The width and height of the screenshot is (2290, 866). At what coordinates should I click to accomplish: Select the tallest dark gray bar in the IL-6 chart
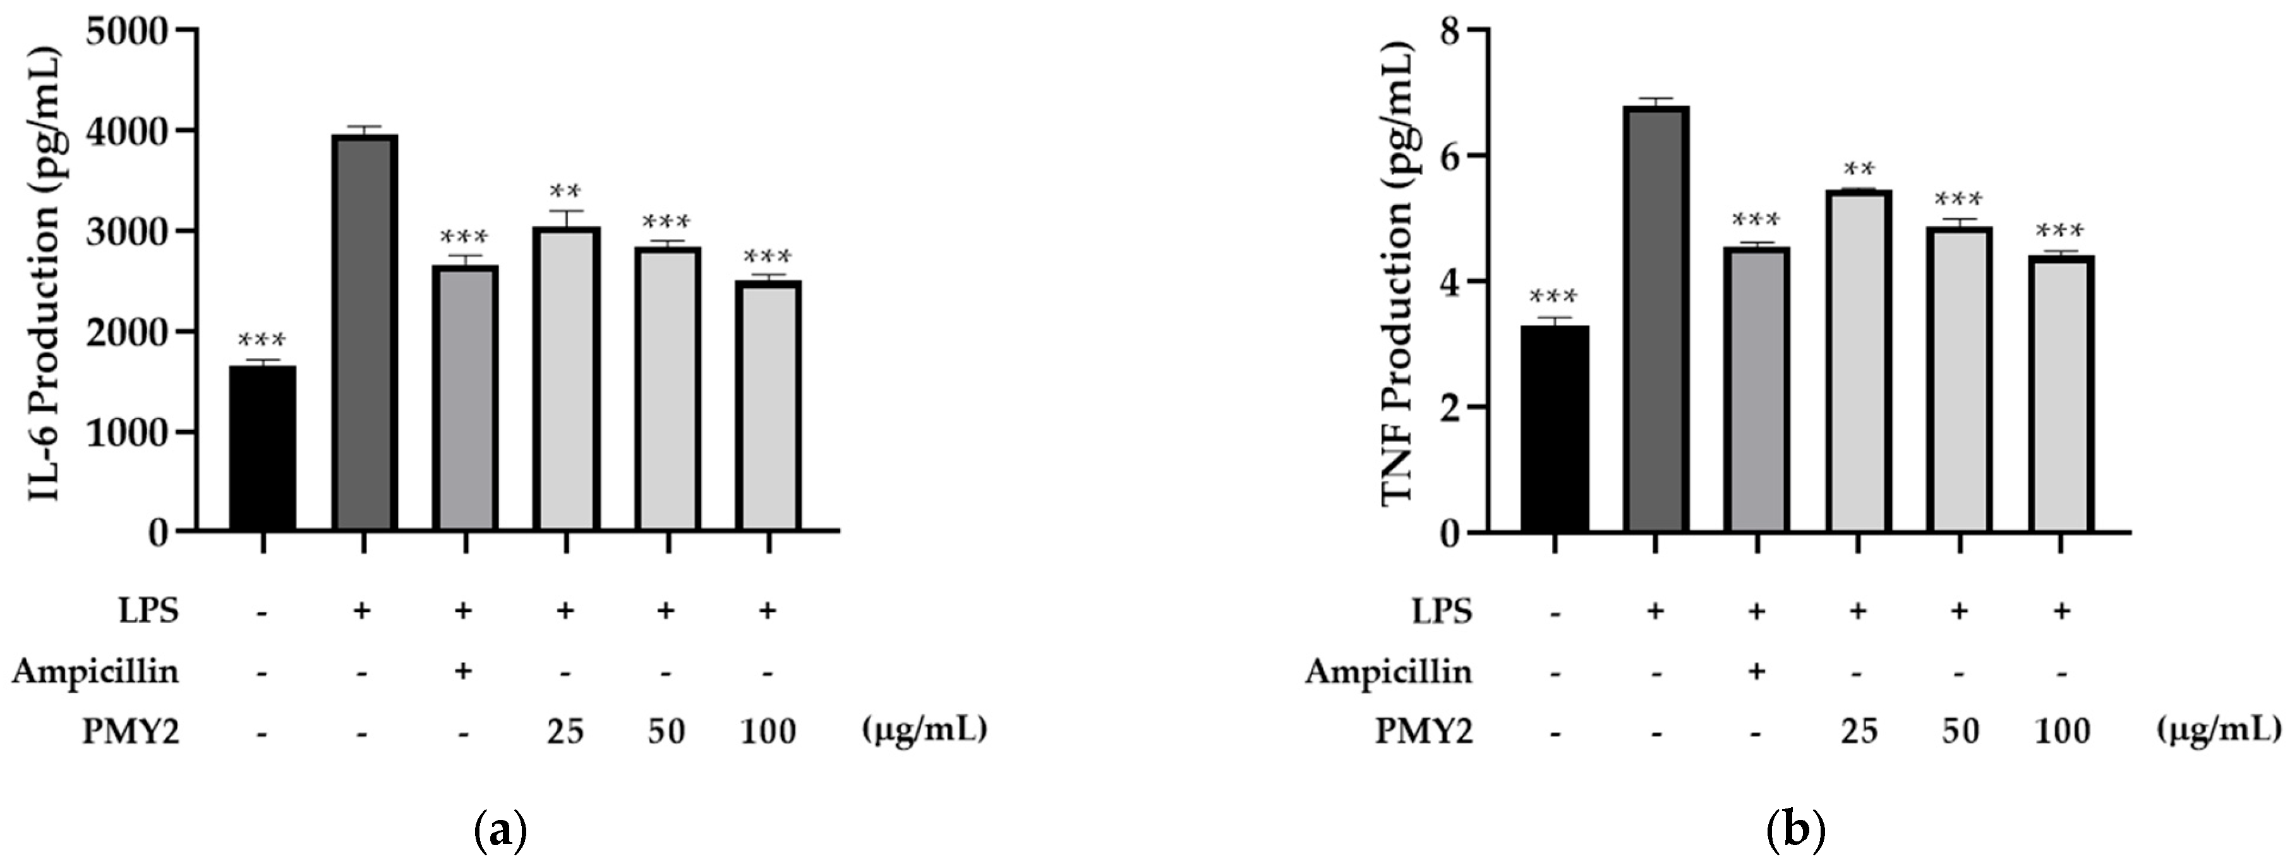364,333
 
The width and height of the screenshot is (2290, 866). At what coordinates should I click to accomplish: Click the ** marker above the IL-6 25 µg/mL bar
565,191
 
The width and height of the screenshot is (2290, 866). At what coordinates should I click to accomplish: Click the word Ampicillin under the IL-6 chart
95,671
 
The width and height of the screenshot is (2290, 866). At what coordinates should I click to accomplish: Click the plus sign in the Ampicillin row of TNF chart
1756,671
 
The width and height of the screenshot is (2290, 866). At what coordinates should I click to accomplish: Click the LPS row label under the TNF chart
1442,612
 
